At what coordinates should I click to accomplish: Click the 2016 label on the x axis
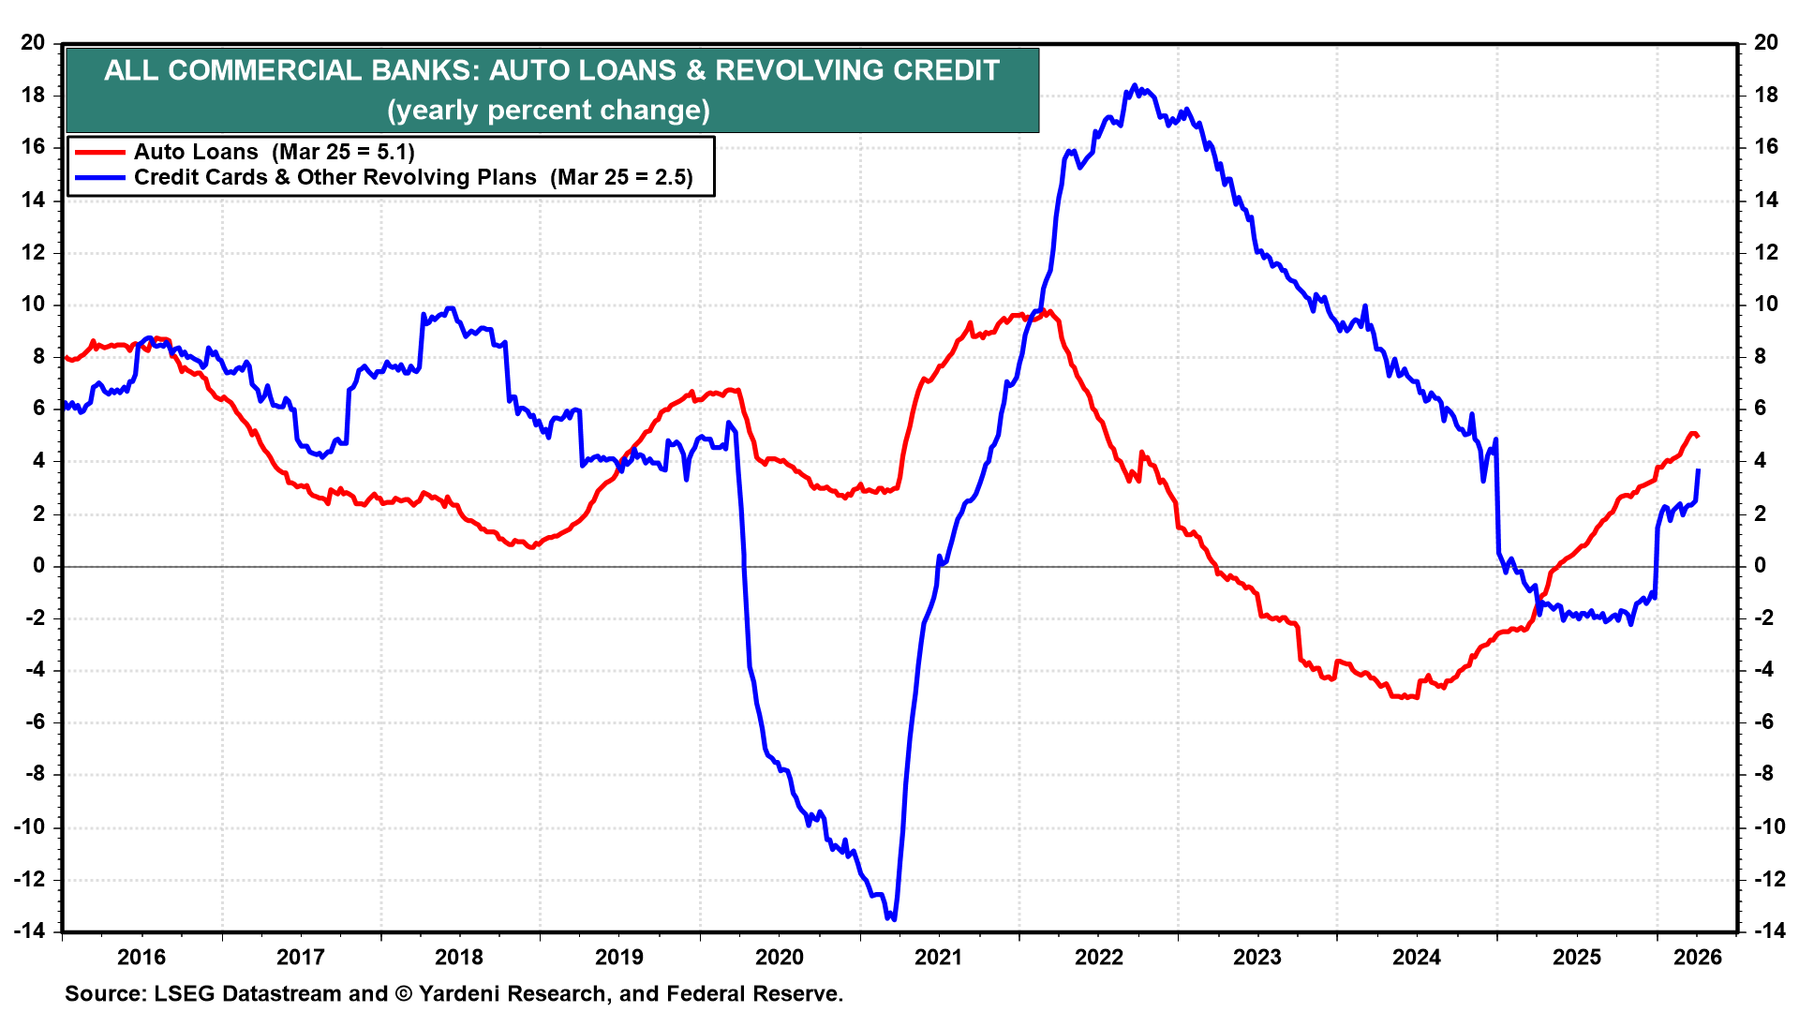(141, 957)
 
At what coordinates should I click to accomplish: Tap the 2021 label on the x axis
(938, 957)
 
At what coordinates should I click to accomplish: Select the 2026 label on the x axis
(1698, 957)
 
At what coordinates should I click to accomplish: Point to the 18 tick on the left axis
(33, 95)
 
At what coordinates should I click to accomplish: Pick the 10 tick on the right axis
(1765, 304)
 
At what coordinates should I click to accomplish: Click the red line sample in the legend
(99, 152)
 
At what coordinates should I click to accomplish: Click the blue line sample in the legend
(99, 177)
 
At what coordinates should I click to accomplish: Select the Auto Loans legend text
(196, 152)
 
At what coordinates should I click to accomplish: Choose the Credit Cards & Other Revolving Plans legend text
(335, 177)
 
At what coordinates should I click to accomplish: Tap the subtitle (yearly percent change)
(549, 111)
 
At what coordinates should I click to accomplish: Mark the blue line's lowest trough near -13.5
(893, 918)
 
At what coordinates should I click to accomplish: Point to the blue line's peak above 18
(1135, 85)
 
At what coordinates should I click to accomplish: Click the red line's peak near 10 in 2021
(1049, 312)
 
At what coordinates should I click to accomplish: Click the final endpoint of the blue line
(1699, 470)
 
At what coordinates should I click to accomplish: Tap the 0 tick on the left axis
(38, 565)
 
